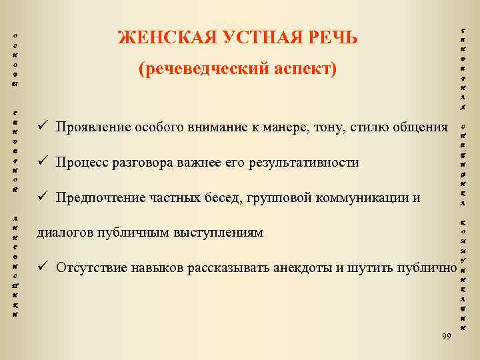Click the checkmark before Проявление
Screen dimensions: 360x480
(x=41, y=127)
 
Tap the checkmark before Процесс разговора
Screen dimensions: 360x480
(x=41, y=162)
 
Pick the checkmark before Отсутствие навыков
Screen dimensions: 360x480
(x=41, y=268)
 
